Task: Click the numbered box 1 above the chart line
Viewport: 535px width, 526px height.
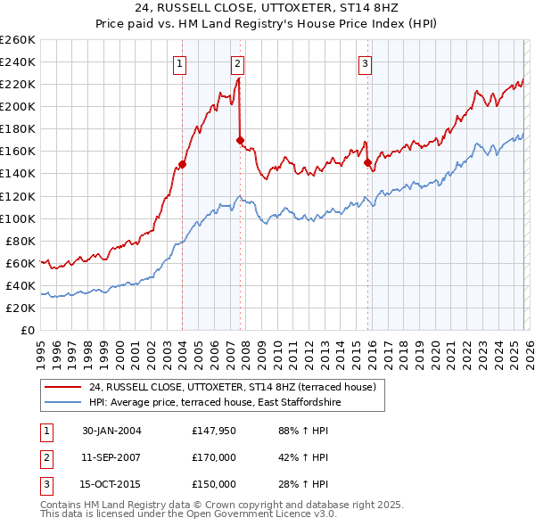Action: click(181, 63)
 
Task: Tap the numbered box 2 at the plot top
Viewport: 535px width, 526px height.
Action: click(238, 63)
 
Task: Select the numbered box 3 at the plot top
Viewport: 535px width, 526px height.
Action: click(366, 63)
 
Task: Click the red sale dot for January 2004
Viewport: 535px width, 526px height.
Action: click(182, 164)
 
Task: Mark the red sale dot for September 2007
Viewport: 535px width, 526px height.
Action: click(240, 140)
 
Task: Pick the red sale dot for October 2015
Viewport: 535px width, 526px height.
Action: click(367, 162)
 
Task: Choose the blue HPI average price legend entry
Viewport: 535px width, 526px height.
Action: click(215, 403)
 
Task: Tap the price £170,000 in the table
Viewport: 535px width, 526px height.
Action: click(214, 457)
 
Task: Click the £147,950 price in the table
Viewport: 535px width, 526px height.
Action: click(214, 431)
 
